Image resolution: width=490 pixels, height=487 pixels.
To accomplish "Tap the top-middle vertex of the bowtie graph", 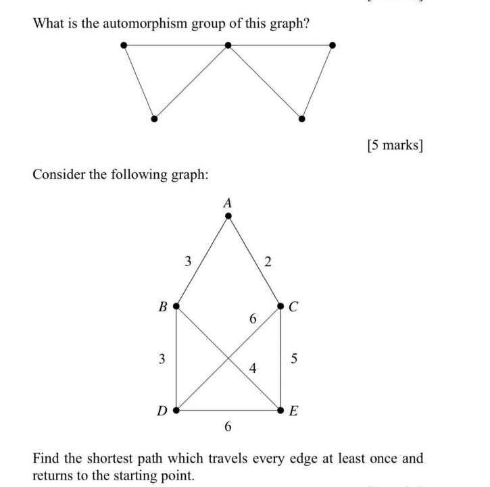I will tap(228, 45).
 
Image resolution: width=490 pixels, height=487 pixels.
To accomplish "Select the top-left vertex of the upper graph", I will tap(123, 45).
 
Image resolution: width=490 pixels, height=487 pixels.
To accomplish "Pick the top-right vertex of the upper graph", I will tap(332, 45).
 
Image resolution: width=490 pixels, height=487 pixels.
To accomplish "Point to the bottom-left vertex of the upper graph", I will tap(154, 119).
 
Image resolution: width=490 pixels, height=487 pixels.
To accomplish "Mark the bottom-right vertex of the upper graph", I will tap(301, 119).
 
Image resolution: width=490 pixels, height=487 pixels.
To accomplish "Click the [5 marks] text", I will tap(395, 146).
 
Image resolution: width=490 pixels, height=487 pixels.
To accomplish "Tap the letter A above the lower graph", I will tap(228, 202).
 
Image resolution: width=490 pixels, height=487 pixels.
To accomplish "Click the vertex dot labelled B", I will tap(176, 306).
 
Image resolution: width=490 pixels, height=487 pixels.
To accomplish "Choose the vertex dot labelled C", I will tap(281, 307).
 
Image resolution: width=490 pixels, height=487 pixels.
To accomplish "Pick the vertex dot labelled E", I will tap(281, 410).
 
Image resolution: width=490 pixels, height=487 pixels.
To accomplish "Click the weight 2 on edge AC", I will tap(268, 262).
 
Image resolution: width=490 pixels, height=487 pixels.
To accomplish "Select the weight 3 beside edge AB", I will tap(188, 261).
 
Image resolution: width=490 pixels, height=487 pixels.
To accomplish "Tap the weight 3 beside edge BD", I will tap(162, 359).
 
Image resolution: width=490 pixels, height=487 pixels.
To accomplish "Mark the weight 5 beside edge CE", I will tap(293, 359).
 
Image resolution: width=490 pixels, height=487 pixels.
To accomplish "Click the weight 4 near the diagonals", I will tap(253, 369).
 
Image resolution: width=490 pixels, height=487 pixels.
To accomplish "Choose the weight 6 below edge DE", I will tap(228, 426).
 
